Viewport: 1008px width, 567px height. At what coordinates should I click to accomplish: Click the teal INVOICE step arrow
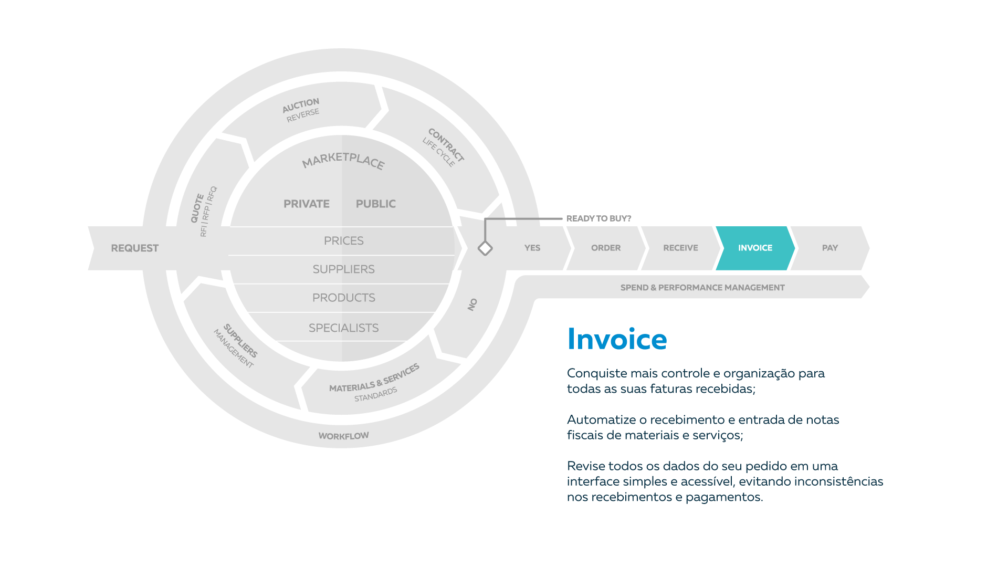coord(755,248)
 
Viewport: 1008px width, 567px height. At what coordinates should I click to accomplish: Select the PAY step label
coord(829,248)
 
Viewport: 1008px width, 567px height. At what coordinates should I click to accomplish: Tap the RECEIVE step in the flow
coord(680,248)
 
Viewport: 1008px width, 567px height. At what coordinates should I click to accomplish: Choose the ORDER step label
coord(606,248)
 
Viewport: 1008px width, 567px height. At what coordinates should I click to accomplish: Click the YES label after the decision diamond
coord(532,248)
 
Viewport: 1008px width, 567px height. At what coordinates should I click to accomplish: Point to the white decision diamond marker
coord(485,248)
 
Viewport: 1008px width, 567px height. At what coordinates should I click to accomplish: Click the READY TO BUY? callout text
coord(598,218)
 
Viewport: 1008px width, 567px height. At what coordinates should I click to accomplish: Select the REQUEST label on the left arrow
coord(134,248)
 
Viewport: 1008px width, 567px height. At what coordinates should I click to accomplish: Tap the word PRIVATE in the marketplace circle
coord(307,204)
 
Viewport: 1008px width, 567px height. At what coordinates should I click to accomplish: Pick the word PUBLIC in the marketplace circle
coord(376,204)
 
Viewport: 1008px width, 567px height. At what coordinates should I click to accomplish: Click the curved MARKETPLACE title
coord(343,160)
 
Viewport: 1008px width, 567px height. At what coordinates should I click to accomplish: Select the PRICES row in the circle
coord(343,241)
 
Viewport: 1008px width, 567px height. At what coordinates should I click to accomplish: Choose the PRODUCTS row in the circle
coord(343,298)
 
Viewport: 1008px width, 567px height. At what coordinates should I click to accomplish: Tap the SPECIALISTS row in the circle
coord(343,328)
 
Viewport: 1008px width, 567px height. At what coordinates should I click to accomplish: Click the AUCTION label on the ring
coord(301,105)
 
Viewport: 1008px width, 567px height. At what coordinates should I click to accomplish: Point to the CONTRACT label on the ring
coord(446,145)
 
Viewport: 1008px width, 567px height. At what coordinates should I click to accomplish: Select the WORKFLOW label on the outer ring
coord(343,436)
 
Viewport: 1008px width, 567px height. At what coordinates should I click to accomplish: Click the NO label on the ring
coord(472,304)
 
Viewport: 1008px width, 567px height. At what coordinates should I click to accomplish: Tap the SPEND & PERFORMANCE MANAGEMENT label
coord(702,288)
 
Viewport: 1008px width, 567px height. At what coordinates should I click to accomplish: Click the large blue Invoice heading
coord(617,339)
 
